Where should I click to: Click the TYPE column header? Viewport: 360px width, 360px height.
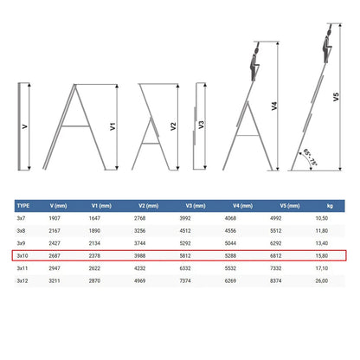23,206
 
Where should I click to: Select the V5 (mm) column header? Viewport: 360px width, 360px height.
290,206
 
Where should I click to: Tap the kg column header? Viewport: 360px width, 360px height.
330,206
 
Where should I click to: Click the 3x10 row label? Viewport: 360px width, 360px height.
22,255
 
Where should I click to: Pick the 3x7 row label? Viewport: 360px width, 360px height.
21,218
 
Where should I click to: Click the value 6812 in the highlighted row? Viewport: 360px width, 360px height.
275,255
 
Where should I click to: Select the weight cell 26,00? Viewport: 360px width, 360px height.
322,280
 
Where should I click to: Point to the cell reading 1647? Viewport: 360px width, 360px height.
94,218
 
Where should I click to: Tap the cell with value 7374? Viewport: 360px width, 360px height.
185,280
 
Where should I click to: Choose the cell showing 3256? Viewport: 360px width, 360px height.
139,231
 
